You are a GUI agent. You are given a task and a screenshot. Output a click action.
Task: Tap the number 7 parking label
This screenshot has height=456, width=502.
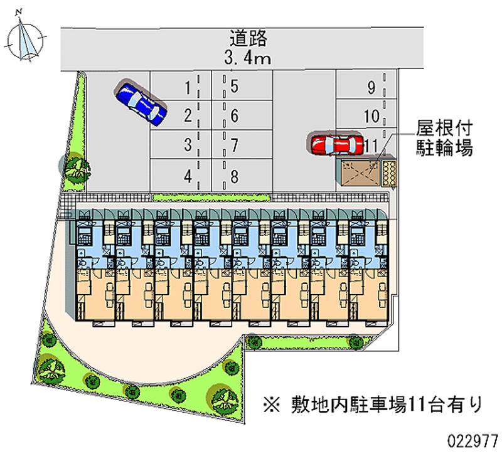pos(234,146)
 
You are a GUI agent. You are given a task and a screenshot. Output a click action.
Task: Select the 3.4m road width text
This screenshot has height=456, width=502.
pos(248,59)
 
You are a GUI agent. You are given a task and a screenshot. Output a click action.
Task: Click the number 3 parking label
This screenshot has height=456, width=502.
pos(187,146)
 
